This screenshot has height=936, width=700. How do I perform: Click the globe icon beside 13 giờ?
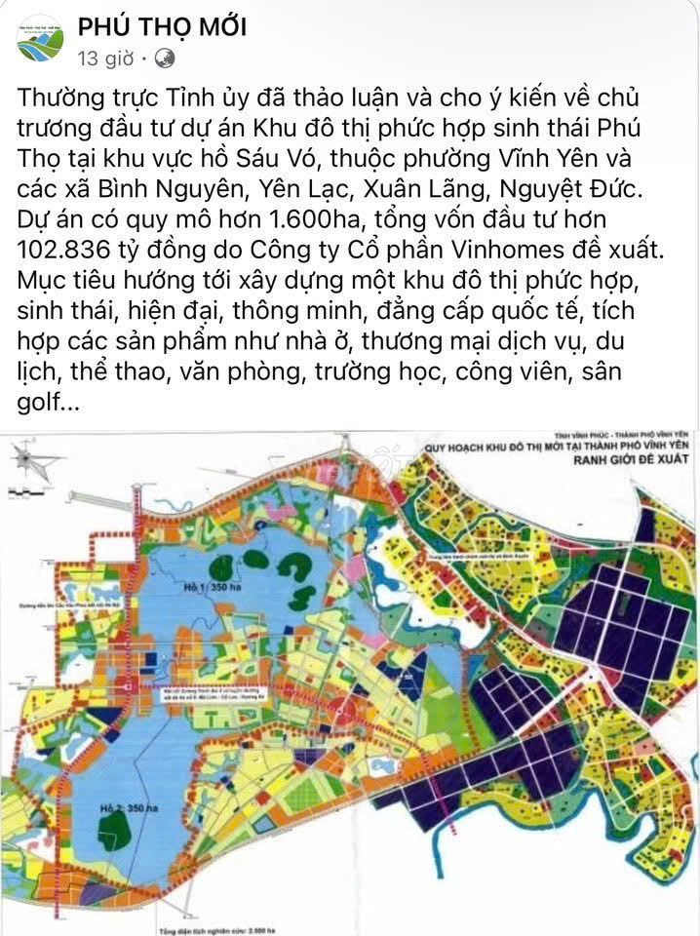(x=166, y=58)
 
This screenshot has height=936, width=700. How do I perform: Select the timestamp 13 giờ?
(x=104, y=58)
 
